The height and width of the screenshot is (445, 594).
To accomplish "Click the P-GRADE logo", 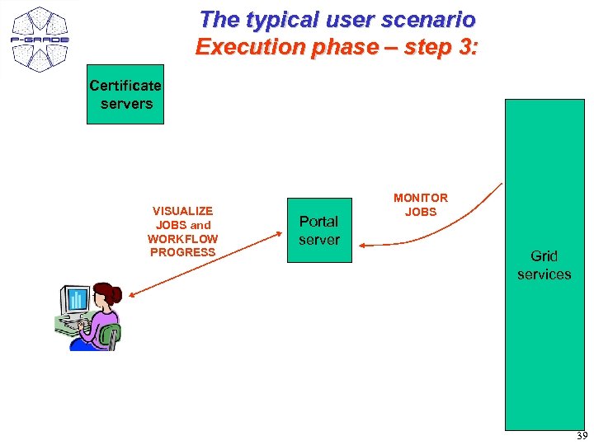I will pyautogui.click(x=39, y=39).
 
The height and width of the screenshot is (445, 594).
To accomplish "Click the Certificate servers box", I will pyautogui.click(x=125, y=94).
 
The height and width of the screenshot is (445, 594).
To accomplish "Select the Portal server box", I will pyautogui.click(x=319, y=230).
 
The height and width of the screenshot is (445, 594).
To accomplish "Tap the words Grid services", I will pyautogui.click(x=544, y=265).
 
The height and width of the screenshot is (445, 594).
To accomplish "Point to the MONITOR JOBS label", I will pyautogui.click(x=421, y=204).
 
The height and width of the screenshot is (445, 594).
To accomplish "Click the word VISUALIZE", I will pyautogui.click(x=182, y=211).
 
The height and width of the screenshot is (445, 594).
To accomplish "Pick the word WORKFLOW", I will pyautogui.click(x=182, y=239).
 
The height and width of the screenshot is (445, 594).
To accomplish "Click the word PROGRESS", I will pyautogui.click(x=182, y=252).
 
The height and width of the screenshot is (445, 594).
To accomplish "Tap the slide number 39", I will pyautogui.click(x=582, y=436).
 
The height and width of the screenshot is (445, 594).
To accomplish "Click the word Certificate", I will pyautogui.click(x=125, y=86).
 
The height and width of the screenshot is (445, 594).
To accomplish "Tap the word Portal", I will pyautogui.click(x=318, y=222).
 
